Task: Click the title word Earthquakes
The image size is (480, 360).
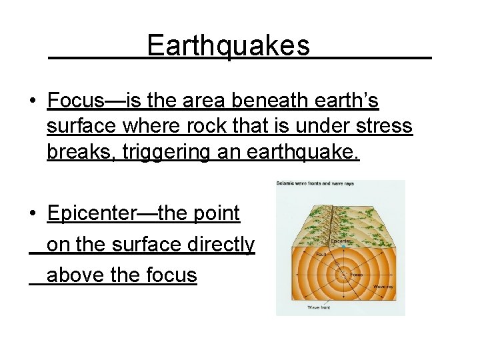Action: [x=228, y=45]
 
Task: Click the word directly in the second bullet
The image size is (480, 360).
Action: [x=220, y=245]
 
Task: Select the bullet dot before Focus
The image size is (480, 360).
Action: [x=32, y=101]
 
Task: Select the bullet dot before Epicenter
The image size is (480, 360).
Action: [x=32, y=214]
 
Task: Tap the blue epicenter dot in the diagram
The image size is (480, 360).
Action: [x=343, y=247]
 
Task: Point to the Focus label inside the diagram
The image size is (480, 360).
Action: [x=356, y=275]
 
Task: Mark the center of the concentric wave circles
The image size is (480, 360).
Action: [x=344, y=275]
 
